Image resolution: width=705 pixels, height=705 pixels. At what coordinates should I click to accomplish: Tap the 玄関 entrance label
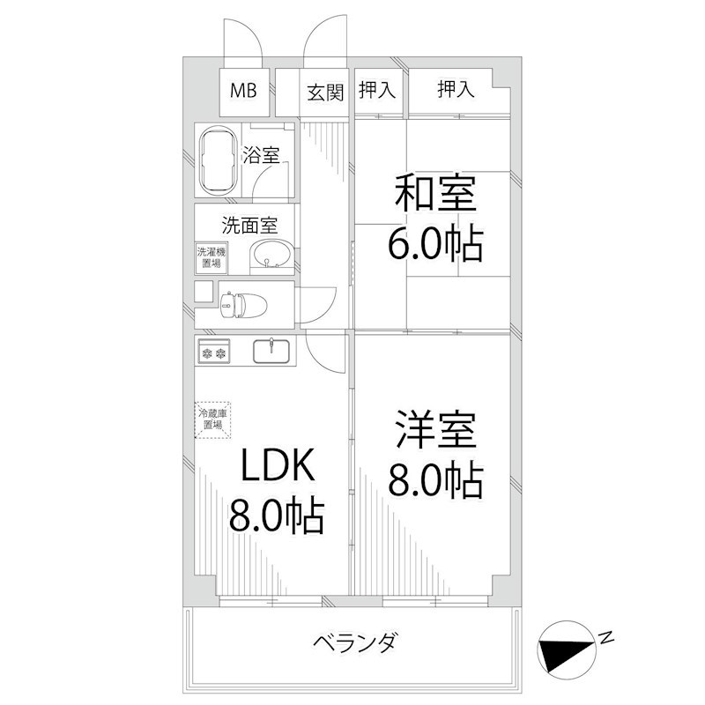[325, 92]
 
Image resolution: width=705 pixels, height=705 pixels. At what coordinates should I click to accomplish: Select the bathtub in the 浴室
[217, 162]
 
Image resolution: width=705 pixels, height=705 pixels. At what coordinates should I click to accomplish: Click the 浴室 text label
[261, 157]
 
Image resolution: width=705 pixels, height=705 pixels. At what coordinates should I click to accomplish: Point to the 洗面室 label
[249, 224]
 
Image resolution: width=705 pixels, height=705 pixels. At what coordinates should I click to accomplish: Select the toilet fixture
[236, 305]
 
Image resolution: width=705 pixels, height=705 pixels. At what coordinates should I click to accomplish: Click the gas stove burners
[214, 353]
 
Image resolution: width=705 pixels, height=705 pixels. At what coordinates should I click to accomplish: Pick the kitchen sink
[274, 351]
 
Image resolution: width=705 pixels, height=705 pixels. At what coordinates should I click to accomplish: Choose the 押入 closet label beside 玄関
[377, 90]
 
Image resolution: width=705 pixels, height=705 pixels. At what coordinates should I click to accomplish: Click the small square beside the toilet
[204, 292]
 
